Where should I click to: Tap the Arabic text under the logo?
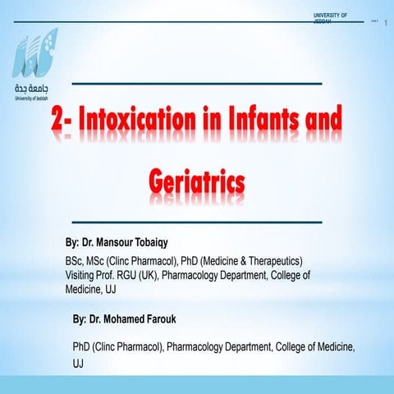33,88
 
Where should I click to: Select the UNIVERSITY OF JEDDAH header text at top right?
330,17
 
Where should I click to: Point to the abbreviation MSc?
100,261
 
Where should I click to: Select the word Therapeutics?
272,261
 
